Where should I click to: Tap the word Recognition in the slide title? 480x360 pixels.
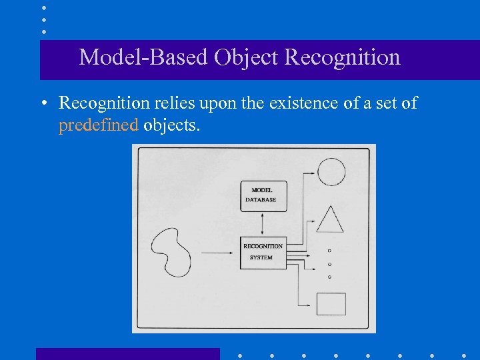(x=342, y=57)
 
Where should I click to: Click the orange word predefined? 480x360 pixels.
(x=98, y=125)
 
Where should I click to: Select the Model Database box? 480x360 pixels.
(x=263, y=195)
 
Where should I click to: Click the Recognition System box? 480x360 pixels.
(x=263, y=252)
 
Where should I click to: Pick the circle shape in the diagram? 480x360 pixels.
(x=331, y=171)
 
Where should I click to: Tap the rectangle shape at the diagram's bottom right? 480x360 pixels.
(x=331, y=304)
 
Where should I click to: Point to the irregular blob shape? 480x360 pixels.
(x=171, y=251)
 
